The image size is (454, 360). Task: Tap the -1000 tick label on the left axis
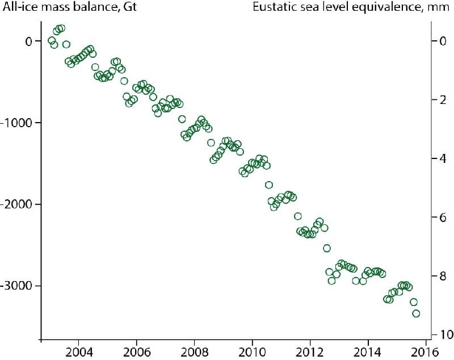pos(18,123)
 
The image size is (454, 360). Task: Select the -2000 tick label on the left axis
pos(18,204)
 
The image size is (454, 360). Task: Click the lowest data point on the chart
pos(416,313)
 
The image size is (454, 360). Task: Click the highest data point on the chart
pos(61,28)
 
